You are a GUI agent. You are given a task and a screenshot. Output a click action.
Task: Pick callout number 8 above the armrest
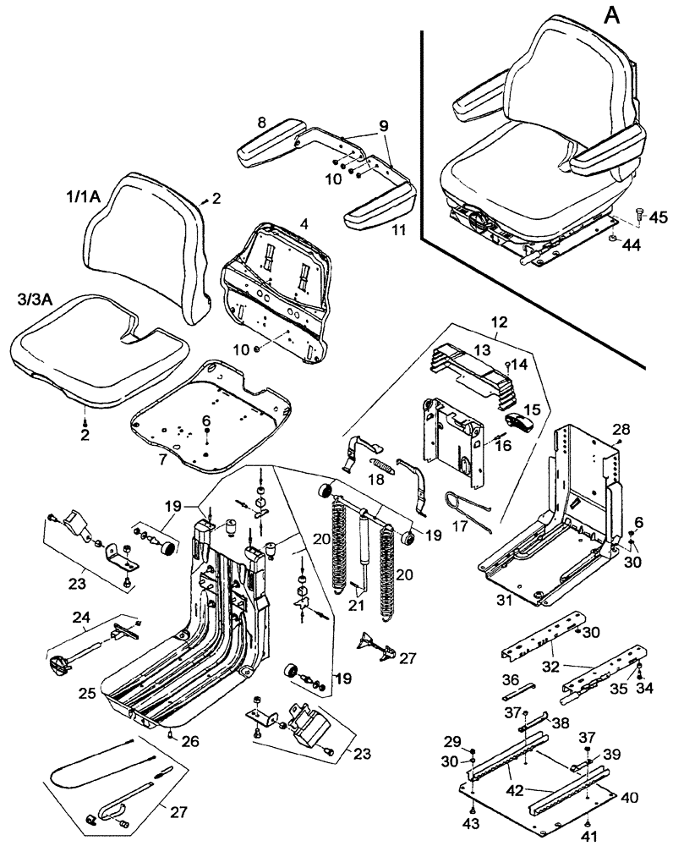(x=262, y=122)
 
